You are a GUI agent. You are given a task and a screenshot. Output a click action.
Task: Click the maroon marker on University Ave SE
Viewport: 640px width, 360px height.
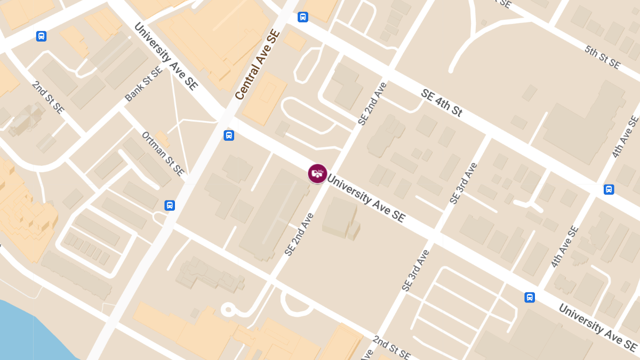click(317, 173)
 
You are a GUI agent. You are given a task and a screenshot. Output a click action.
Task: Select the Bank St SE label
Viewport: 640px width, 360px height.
click(143, 85)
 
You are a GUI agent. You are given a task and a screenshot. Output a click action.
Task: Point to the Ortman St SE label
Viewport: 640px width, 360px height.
click(163, 154)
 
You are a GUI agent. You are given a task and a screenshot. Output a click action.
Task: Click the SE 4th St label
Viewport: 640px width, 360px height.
click(441, 103)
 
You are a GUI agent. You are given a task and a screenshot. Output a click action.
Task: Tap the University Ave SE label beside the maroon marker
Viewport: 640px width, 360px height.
click(366, 198)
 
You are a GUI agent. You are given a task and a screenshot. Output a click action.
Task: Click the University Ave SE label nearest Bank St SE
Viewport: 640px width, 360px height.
click(166, 56)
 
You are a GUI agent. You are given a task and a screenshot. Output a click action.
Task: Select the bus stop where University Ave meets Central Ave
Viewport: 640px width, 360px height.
click(229, 135)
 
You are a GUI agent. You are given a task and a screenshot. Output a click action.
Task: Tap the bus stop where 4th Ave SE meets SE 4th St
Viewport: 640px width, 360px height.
click(609, 189)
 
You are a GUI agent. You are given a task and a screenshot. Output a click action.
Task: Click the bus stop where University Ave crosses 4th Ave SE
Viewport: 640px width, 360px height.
click(530, 297)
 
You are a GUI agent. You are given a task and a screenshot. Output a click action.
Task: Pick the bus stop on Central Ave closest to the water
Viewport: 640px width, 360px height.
click(170, 205)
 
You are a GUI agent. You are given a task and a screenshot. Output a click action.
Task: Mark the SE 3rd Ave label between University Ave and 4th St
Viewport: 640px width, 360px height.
click(462, 183)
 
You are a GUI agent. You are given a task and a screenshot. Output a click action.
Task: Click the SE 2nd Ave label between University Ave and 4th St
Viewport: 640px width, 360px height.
click(372, 103)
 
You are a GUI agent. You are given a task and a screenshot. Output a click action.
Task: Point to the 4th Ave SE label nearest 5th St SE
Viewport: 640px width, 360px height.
click(626, 137)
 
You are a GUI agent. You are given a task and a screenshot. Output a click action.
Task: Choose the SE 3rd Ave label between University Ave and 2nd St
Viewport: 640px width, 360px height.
click(415, 270)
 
